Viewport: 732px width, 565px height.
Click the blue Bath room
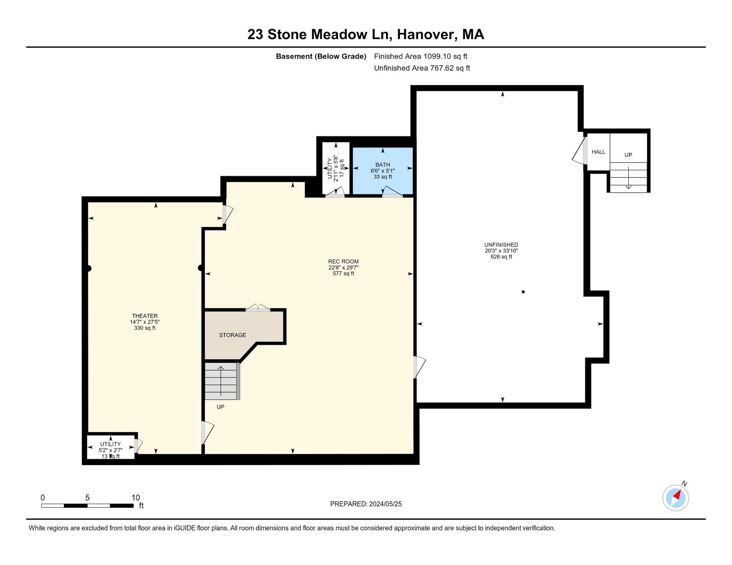click(x=382, y=171)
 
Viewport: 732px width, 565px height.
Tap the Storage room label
click(x=233, y=335)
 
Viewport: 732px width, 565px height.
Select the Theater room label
click(x=145, y=316)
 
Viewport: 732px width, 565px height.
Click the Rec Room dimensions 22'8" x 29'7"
click(x=344, y=268)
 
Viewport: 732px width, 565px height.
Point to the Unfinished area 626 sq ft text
click(x=501, y=257)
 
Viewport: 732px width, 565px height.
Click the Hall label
click(x=599, y=152)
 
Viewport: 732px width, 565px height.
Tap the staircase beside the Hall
click(x=628, y=177)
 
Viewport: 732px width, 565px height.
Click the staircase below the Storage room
click(x=222, y=381)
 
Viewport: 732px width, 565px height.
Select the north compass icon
click(x=676, y=497)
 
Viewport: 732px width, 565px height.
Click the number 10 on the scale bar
click(x=136, y=498)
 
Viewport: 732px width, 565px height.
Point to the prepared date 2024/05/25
click(x=385, y=504)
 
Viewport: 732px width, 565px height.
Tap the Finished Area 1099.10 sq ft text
click(x=421, y=56)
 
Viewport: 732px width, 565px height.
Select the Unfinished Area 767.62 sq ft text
click(x=422, y=68)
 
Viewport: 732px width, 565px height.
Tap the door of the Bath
click(x=392, y=192)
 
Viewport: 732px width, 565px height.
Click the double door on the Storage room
click(x=258, y=308)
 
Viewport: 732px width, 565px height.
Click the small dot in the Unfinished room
click(x=523, y=292)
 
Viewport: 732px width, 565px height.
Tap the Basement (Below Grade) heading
click(x=321, y=56)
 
